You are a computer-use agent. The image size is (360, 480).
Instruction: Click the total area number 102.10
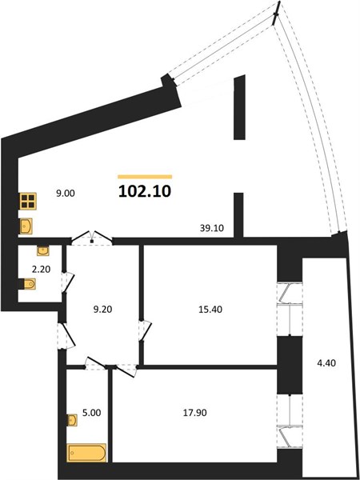click(145, 192)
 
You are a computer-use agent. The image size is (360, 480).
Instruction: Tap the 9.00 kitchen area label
click(66, 194)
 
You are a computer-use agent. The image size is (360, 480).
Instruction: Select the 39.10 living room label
click(211, 228)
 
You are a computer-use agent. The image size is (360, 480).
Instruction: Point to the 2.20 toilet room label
click(41, 269)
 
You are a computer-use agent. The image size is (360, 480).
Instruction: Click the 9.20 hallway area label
click(102, 309)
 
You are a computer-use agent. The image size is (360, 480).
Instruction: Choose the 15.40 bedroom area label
click(210, 310)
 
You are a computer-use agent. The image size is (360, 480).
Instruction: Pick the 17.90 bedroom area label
click(194, 413)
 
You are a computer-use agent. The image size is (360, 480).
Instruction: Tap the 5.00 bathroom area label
click(91, 413)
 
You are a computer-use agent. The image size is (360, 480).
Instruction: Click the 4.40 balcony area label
click(326, 363)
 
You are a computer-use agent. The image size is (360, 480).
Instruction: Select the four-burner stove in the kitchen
click(28, 201)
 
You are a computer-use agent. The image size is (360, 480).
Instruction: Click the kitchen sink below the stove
click(26, 226)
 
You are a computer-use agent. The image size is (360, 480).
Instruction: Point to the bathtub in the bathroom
click(87, 453)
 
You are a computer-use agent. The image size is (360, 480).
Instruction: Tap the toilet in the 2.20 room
click(28, 284)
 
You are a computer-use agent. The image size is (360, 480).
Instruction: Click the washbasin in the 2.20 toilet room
click(43, 250)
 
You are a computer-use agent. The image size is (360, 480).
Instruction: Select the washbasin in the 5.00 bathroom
click(72, 420)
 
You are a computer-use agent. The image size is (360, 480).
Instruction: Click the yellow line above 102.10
click(145, 177)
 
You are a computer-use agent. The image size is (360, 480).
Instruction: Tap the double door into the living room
click(92, 238)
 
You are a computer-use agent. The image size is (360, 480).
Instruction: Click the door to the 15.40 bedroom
click(145, 330)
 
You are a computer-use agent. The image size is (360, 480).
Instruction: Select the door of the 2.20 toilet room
click(67, 282)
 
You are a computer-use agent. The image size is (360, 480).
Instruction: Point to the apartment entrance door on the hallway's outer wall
click(66, 336)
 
